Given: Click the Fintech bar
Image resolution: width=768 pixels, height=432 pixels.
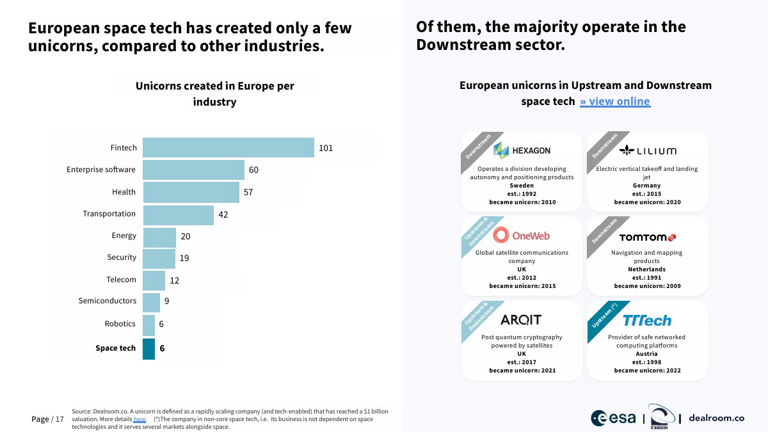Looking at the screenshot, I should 228,148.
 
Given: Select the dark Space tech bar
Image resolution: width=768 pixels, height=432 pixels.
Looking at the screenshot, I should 148,349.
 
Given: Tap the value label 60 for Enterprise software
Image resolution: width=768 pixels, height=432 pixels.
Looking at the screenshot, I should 253,170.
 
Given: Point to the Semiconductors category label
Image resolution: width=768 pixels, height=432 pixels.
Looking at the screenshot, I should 107,301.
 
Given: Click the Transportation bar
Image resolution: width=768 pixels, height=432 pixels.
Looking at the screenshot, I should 178,214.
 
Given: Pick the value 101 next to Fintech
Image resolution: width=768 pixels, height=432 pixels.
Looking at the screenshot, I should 326,148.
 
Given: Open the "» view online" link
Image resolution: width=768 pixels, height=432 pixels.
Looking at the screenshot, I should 615,101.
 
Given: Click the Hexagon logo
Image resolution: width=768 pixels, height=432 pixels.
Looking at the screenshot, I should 522,150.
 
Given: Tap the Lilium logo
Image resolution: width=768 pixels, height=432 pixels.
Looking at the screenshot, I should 648,151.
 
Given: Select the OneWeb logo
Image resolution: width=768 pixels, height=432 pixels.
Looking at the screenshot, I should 522,236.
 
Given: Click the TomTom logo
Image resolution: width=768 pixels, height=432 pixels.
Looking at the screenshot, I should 648,237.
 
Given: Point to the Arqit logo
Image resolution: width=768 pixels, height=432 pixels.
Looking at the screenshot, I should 521,319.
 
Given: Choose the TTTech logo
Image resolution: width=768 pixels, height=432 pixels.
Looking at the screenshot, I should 648,320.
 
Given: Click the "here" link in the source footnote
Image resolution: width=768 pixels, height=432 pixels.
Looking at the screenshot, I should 140,419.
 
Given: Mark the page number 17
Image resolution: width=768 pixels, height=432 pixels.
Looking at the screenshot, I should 60,419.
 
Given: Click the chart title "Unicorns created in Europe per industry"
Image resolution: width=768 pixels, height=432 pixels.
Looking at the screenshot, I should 215,93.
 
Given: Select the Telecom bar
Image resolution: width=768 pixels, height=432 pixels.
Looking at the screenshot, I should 154,280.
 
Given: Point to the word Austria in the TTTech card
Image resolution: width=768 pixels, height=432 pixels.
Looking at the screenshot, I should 648,354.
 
